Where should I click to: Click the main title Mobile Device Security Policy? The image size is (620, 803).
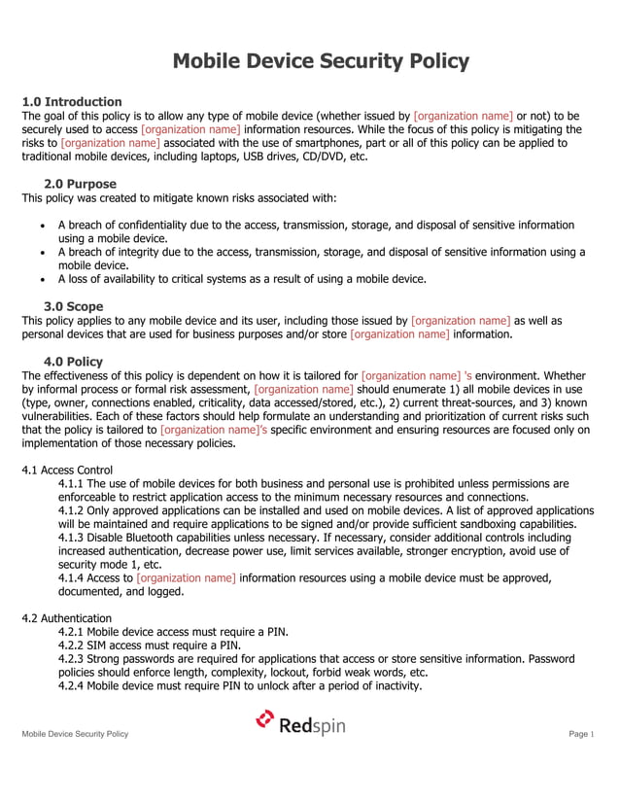[x=321, y=62]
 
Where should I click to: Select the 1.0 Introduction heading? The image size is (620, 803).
[x=72, y=102]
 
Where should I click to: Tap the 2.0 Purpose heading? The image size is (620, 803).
[x=80, y=184]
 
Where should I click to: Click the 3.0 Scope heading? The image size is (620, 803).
[x=74, y=306]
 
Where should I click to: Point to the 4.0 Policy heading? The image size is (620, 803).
[x=74, y=362]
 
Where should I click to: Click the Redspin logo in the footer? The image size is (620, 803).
[x=300, y=723]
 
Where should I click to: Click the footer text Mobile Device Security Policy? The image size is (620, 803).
[x=75, y=734]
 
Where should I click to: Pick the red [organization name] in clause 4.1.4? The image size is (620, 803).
[x=187, y=577]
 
